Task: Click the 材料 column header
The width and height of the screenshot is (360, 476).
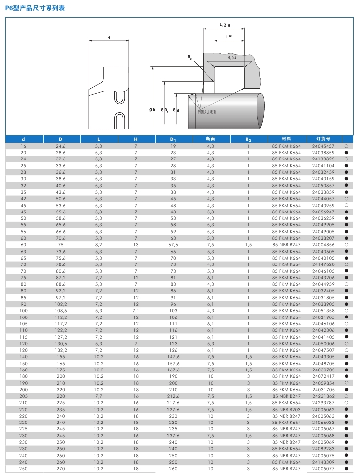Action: (286, 139)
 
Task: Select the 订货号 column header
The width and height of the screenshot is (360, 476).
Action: (323, 139)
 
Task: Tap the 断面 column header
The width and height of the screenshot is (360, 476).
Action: (210, 139)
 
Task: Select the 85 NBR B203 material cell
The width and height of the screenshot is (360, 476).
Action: (286, 409)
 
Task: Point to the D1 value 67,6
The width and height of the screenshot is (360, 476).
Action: (173, 245)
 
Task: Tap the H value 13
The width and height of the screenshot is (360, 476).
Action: (136, 245)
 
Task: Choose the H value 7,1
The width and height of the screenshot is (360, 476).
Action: (136, 311)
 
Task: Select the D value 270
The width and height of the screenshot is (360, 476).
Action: (60, 468)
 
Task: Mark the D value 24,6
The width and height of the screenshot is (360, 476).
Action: (60, 146)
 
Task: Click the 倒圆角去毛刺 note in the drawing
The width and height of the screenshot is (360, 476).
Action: (206, 112)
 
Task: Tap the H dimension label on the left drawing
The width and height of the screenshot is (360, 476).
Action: (108, 38)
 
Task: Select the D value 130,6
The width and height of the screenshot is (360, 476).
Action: (60, 343)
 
